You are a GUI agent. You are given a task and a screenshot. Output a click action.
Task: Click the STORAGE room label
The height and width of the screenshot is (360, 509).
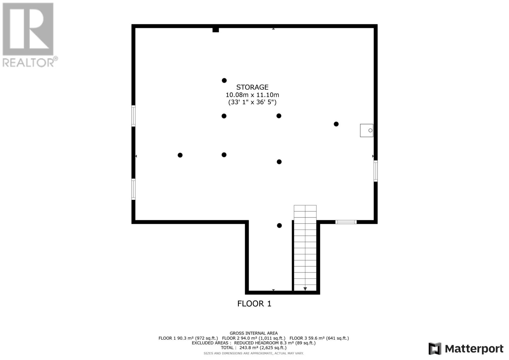pyautogui.click(x=252, y=87)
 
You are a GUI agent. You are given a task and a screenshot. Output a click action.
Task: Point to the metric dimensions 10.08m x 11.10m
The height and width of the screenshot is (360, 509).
pyautogui.click(x=252, y=95)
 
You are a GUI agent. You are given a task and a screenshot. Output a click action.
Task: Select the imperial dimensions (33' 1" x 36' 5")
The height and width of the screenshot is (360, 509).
pyautogui.click(x=252, y=102)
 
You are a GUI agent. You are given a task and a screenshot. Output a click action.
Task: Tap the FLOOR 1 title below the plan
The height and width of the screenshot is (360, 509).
pyautogui.click(x=254, y=304)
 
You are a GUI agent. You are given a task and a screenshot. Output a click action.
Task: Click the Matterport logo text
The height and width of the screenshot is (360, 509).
pyautogui.click(x=474, y=349)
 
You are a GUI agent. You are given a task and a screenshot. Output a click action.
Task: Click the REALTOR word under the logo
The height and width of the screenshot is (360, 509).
pyautogui.click(x=28, y=62)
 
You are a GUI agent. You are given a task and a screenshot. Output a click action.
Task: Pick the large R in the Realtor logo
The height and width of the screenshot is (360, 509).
pyautogui.click(x=28, y=29)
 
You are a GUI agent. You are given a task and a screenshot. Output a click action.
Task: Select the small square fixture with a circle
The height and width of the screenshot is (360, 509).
pyautogui.click(x=366, y=131)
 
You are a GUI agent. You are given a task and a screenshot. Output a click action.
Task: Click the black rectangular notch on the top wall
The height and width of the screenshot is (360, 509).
pyautogui.click(x=216, y=30)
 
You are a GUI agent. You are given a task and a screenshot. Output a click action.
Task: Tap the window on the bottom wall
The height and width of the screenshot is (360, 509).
pyautogui.click(x=346, y=222)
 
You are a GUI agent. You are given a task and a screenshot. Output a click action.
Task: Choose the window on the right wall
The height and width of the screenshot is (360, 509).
pyautogui.click(x=376, y=171)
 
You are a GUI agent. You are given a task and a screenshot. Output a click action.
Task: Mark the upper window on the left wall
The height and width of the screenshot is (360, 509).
pyautogui.click(x=133, y=116)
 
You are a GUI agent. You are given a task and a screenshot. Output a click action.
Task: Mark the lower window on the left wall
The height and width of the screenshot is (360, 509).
pyautogui.click(x=133, y=189)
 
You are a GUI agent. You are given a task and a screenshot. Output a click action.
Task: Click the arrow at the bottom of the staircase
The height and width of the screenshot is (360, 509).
pyautogui.click(x=305, y=289)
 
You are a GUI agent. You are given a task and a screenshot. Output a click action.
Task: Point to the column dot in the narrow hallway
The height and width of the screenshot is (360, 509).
pyautogui.click(x=279, y=226)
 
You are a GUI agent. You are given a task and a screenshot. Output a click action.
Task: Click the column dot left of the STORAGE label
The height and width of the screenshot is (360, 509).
pyautogui.click(x=224, y=81)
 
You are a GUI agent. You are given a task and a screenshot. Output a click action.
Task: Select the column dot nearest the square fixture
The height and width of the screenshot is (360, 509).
pyautogui.click(x=336, y=124)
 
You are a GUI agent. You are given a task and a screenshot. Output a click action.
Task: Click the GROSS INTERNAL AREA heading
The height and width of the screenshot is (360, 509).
pyautogui.click(x=254, y=333)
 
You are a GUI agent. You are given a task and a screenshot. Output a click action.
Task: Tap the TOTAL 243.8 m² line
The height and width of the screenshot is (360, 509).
pyautogui.click(x=254, y=348)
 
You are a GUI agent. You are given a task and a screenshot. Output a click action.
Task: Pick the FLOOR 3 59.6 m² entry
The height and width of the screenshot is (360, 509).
pyautogui.click(x=319, y=338)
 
